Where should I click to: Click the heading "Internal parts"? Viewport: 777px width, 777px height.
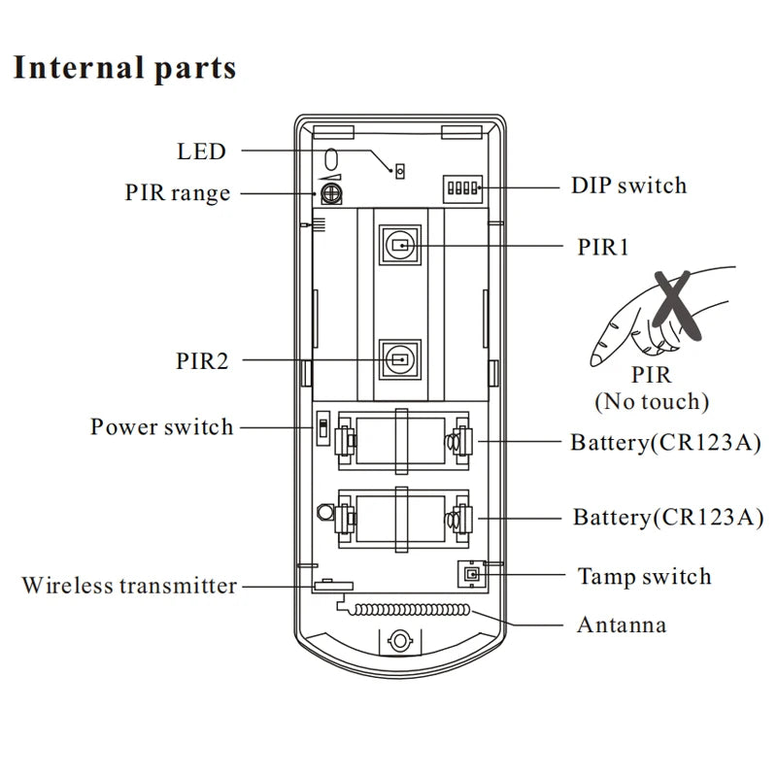tap(123, 69)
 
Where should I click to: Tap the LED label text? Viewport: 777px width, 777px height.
tap(202, 152)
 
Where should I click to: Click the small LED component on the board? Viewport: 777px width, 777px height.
tap(398, 171)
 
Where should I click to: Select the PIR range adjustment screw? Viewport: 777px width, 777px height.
tap(331, 193)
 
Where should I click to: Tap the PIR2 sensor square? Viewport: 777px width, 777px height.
tap(399, 359)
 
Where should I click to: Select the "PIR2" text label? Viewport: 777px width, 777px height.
tap(201, 361)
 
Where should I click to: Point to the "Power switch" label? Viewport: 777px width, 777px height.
tap(162, 427)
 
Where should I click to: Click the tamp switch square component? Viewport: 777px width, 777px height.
tap(472, 575)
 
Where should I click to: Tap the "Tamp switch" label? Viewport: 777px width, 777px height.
tap(644, 576)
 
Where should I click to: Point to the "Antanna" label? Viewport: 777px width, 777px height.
tap(622, 624)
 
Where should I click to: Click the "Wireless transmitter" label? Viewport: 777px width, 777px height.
tap(129, 586)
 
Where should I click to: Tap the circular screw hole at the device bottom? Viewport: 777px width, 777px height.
tap(398, 641)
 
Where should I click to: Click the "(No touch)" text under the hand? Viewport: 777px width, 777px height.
tap(652, 399)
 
